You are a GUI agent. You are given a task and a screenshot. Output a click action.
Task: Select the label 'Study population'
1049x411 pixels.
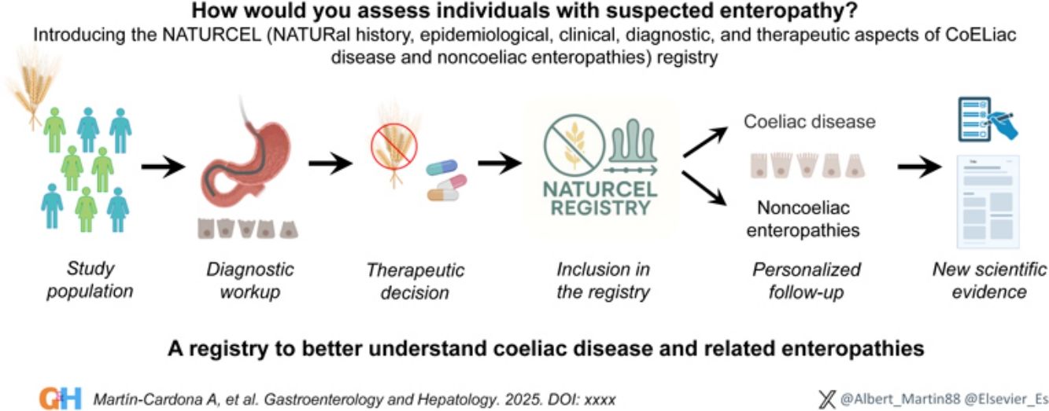pos(89,281)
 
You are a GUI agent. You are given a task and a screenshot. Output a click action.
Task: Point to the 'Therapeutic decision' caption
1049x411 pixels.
pos(415,281)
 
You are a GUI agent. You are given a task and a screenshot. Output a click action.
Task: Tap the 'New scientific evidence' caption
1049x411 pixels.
pos(989,281)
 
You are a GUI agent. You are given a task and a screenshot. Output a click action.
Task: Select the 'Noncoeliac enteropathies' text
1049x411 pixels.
pos(803,219)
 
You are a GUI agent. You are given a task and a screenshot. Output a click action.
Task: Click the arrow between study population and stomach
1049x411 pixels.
pos(163,167)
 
